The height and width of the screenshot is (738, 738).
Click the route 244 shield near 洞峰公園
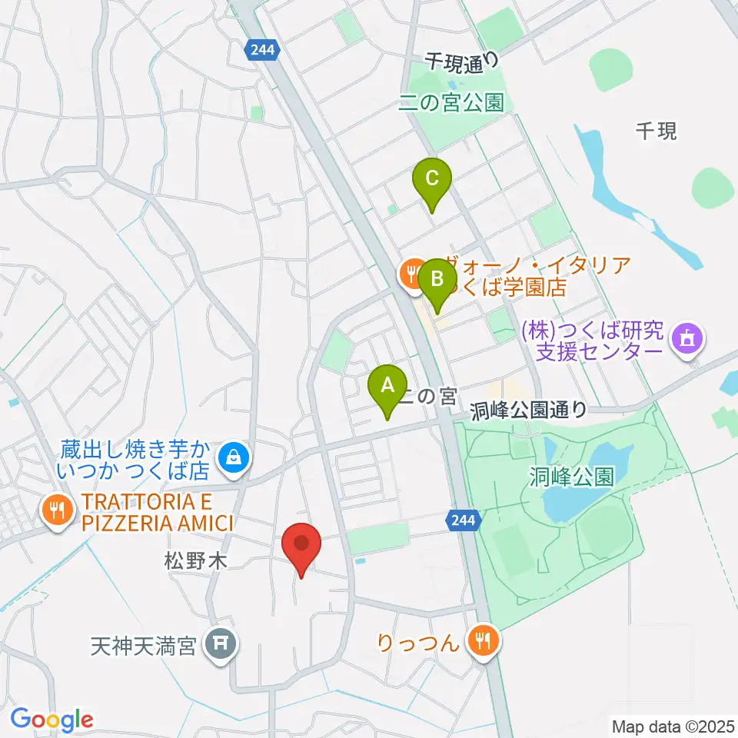click(x=464, y=521)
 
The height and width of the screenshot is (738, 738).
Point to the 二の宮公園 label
click(x=451, y=102)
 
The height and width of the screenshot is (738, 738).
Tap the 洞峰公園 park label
click(x=571, y=477)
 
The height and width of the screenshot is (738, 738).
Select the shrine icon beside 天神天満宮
click(x=221, y=640)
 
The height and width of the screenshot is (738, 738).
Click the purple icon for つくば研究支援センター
click(x=685, y=338)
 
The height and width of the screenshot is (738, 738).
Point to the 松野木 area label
click(x=196, y=563)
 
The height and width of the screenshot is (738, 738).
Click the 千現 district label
click(x=657, y=131)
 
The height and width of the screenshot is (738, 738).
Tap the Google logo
click(x=52, y=719)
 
